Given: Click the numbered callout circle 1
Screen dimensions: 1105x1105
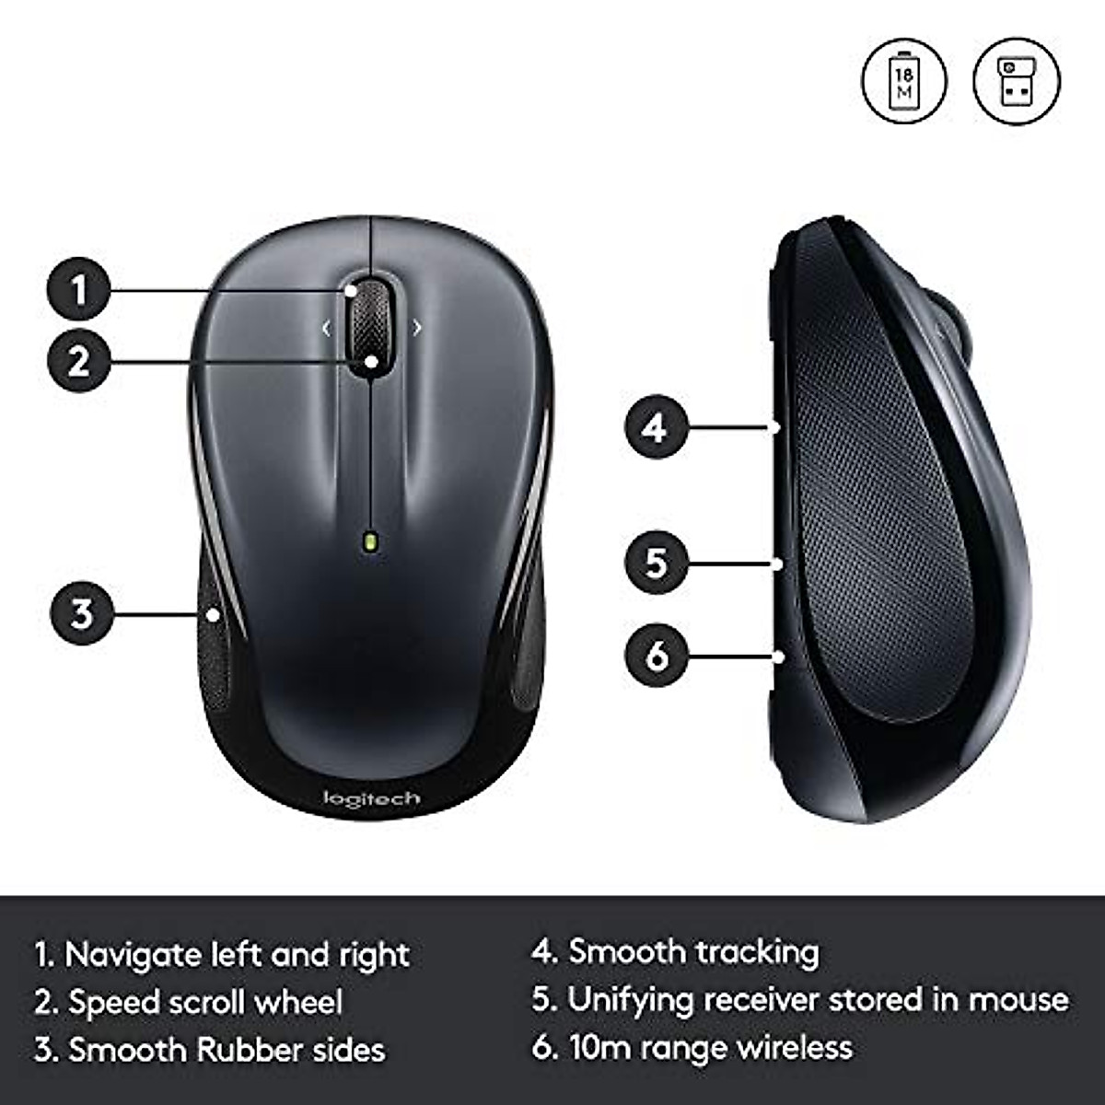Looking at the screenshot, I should pos(78,289).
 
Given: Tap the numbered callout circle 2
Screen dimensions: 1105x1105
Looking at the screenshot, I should pos(78,360).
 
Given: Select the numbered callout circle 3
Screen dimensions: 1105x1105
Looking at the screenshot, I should pos(82,612).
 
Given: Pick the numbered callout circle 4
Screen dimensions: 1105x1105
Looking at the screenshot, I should pos(656,427).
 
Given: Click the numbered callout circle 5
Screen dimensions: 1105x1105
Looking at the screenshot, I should pos(656,562).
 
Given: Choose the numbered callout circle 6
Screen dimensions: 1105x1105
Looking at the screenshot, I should pos(656,656).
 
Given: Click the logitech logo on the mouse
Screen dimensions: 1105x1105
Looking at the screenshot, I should pos(371,797).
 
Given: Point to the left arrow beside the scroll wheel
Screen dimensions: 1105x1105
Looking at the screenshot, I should pos(326,327).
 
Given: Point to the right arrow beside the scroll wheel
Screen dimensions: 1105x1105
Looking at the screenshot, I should pos(417,327).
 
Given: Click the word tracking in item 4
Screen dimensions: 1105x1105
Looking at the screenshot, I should pos(756,952).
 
